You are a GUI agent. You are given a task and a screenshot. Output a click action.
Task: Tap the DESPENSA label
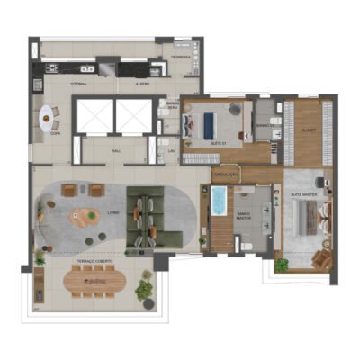click(x=181, y=56)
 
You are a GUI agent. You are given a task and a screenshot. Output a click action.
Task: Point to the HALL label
click(x=116, y=152)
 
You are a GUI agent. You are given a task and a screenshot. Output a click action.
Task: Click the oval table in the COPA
click(x=46, y=115)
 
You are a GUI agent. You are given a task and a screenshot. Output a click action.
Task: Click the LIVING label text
click(x=112, y=213)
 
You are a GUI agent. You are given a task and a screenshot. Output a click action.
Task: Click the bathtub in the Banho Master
click(x=220, y=212)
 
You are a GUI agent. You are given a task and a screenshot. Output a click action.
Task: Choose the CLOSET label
click(x=307, y=130)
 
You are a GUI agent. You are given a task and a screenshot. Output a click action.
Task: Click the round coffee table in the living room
click(x=86, y=217)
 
